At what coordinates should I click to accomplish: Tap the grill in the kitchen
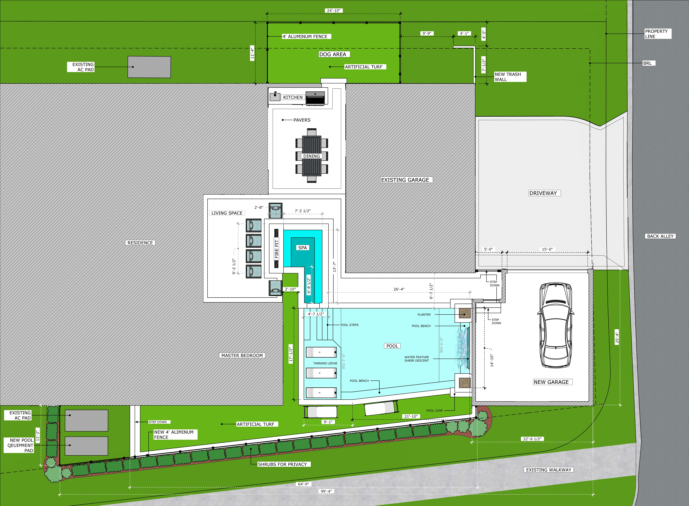click(x=315, y=98)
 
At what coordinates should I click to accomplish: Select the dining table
click(x=312, y=156)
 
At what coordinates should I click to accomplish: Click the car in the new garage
click(x=555, y=325)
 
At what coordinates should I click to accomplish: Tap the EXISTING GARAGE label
click(x=405, y=180)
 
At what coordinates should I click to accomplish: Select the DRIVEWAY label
click(x=543, y=193)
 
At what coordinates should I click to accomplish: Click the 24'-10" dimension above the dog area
click(x=333, y=10)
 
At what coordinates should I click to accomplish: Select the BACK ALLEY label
click(x=660, y=236)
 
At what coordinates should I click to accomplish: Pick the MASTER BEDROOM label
click(x=242, y=355)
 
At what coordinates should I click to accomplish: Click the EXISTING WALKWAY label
click(x=549, y=470)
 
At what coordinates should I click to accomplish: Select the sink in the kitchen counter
click(x=275, y=96)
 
